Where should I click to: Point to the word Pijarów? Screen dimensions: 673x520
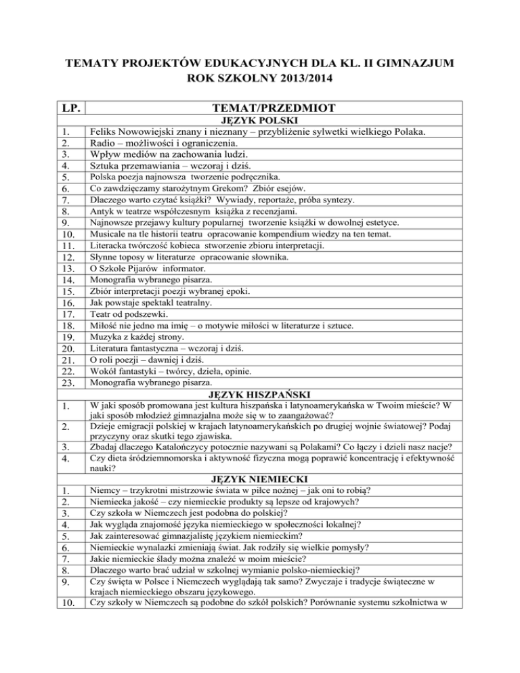pyautogui.click(x=141, y=269)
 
